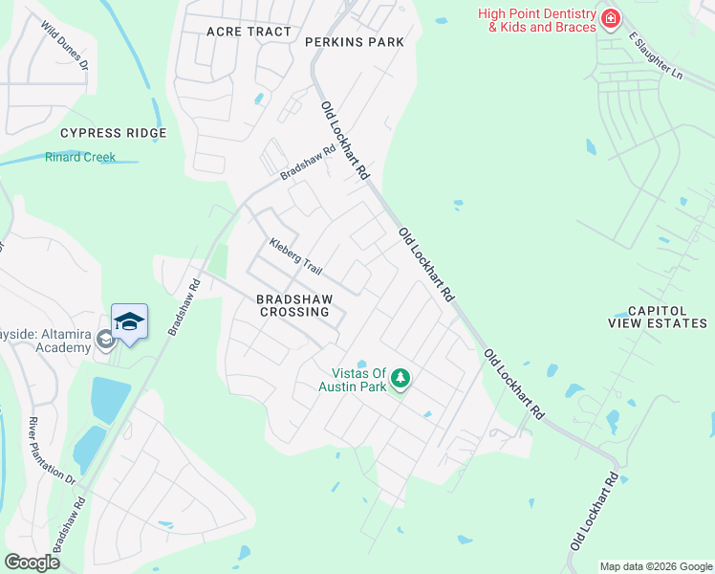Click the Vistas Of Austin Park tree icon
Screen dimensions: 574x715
pyautogui.click(x=401, y=379)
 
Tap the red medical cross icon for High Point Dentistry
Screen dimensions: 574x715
pyautogui.click(x=609, y=18)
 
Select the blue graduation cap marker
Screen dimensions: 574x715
pyautogui.click(x=129, y=322)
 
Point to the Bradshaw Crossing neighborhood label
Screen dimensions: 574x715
pyautogui.click(x=293, y=305)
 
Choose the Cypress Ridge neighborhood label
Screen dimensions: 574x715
pyautogui.click(x=113, y=133)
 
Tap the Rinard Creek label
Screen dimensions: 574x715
pyautogui.click(x=80, y=157)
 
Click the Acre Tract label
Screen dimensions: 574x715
pyautogui.click(x=249, y=32)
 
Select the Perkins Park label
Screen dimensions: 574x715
pyautogui.click(x=355, y=42)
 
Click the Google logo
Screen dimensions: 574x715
pyautogui.click(x=32, y=563)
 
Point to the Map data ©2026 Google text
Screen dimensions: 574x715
pyautogui.click(x=657, y=566)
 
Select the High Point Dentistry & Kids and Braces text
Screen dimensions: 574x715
pyautogui.click(x=537, y=20)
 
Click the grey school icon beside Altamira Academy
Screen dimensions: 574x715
pyautogui.click(x=104, y=342)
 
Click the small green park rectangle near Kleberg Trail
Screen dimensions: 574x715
pyautogui.click(x=218, y=261)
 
